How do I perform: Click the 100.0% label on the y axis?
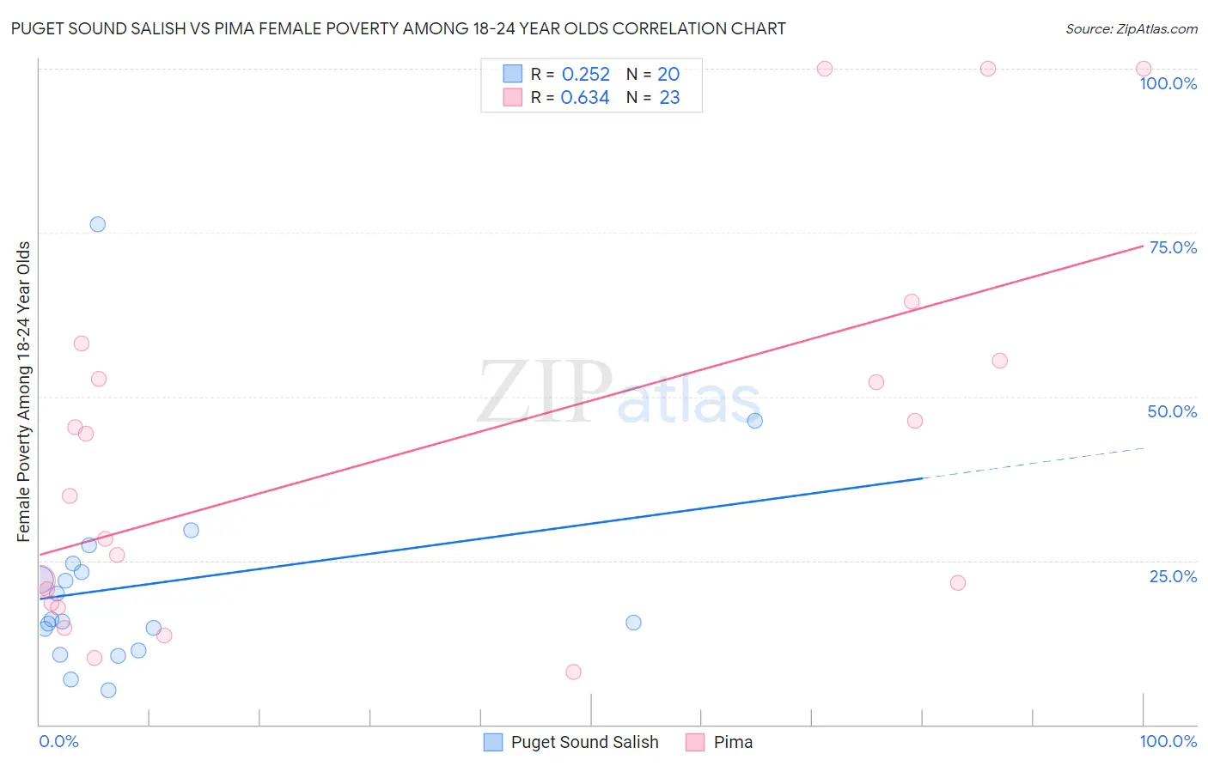(1168, 83)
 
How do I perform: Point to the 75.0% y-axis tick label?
(1173, 247)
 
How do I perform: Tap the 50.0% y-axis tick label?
(1172, 411)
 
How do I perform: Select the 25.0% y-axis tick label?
(1173, 575)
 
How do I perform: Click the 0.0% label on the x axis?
(58, 741)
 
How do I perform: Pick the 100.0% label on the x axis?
(1168, 741)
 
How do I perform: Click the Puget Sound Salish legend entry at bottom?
(584, 742)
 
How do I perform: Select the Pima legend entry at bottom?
(733, 742)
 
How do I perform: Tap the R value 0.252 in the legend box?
(585, 75)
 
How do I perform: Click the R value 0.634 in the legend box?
(585, 98)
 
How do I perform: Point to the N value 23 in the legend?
(669, 98)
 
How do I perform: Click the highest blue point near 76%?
(98, 224)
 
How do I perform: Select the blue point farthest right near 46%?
(754, 421)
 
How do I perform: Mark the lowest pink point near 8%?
(573, 672)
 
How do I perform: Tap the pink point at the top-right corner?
(1143, 69)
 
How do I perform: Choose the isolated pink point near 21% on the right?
(958, 583)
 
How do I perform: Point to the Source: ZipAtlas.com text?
(1131, 29)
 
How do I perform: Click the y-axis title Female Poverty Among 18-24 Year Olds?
(24, 392)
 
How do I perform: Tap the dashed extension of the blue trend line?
(1031, 463)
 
